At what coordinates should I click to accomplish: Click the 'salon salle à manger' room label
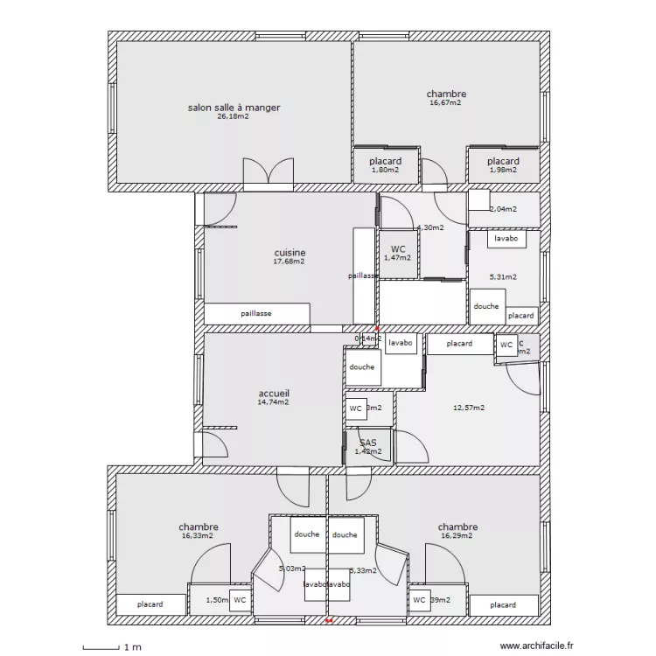234,108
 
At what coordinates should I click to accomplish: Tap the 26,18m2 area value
234,116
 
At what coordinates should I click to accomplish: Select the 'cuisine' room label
290,253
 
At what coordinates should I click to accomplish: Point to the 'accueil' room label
274,394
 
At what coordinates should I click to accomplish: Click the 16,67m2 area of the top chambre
445,102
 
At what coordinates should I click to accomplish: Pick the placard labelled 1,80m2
385,165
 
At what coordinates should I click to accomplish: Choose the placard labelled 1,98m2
503,165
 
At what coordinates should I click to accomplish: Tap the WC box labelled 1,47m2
398,254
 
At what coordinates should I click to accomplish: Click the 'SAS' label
368,443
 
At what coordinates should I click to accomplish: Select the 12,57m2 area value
469,408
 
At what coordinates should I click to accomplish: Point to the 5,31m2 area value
503,277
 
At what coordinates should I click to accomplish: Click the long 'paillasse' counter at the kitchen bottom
256,313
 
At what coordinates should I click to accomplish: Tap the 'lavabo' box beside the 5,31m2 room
506,238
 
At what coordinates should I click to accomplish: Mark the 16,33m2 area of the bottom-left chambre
199,536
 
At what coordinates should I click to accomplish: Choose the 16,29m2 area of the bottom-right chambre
457,536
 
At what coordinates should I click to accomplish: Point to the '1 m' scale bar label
132,647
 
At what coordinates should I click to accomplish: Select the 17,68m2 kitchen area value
290,262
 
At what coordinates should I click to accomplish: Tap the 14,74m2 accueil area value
274,402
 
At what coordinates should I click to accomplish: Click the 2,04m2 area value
503,210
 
